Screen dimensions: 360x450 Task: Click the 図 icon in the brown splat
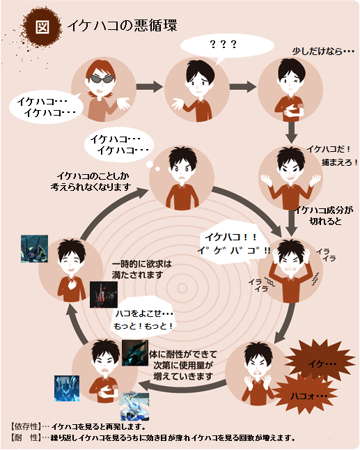coord(42,27)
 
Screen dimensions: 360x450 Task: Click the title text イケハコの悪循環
coord(122,26)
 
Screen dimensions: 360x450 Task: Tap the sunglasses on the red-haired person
coord(102,78)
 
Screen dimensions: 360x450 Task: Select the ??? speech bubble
coord(227,46)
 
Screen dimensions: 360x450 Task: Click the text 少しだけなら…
coord(323,52)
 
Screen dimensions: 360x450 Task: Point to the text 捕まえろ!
coord(340,162)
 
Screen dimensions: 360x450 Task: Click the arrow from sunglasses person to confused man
coord(150,86)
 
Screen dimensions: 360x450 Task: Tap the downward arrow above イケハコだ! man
coord(291,132)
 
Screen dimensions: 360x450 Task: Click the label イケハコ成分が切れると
coord(324,215)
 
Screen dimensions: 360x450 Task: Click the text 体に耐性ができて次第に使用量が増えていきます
coord(183,365)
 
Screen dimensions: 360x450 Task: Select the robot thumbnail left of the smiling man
coord(34,249)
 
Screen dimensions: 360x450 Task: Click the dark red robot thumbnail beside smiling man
coord(104,295)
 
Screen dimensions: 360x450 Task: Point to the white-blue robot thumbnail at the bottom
coord(135,407)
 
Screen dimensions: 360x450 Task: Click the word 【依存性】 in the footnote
coord(26,426)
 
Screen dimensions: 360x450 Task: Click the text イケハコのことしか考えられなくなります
coord(91,181)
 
